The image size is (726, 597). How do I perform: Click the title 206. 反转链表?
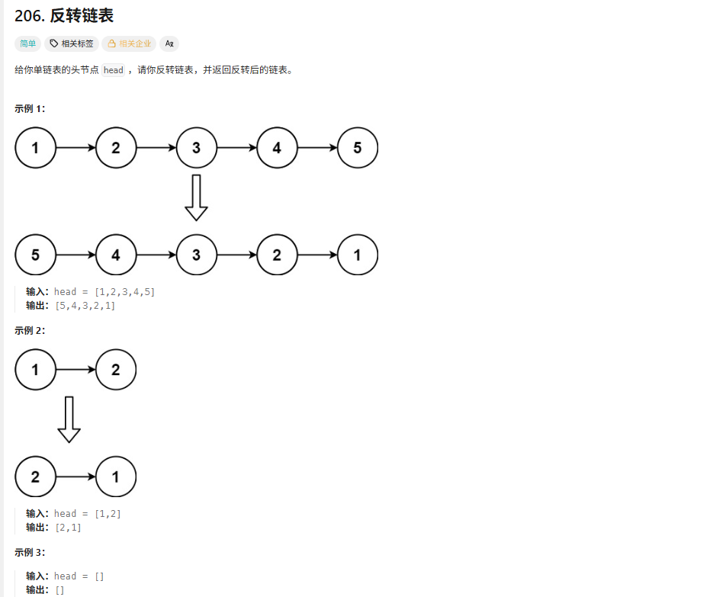click(64, 16)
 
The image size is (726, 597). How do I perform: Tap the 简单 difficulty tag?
click(28, 43)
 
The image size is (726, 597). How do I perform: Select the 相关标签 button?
click(72, 43)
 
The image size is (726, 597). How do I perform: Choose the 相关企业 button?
click(129, 43)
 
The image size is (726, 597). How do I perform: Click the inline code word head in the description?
click(113, 70)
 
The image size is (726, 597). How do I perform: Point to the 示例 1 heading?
click(30, 108)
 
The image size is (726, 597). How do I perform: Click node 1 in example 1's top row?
click(35, 148)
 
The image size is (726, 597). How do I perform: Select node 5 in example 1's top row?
click(357, 148)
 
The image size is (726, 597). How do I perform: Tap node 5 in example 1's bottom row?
click(35, 255)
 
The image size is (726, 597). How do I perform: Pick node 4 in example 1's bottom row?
click(116, 255)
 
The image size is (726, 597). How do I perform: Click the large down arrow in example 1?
click(196, 197)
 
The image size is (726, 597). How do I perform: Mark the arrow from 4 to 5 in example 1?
click(316, 148)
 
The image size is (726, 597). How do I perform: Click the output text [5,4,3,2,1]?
click(85, 306)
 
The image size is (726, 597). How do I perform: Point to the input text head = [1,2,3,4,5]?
click(104, 291)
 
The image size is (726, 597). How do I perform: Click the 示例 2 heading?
click(30, 330)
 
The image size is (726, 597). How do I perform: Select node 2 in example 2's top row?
click(116, 370)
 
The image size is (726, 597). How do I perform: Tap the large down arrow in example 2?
click(69, 419)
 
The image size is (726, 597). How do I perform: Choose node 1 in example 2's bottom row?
click(116, 477)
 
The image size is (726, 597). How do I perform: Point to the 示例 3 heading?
click(30, 552)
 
